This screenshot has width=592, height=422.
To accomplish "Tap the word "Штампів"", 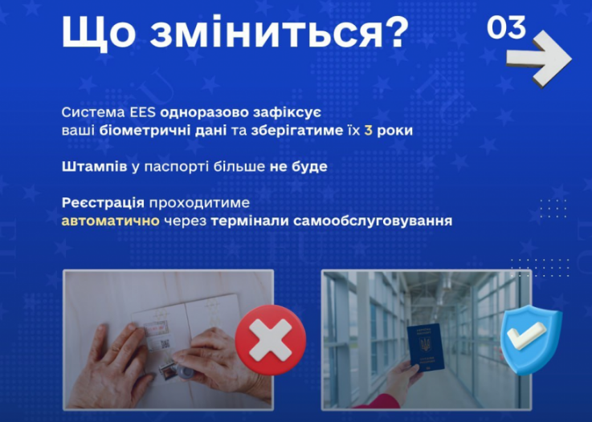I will (x=90, y=167).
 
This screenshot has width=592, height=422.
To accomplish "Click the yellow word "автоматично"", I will (x=111, y=219).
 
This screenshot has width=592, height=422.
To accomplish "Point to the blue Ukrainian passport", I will (x=425, y=347).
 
